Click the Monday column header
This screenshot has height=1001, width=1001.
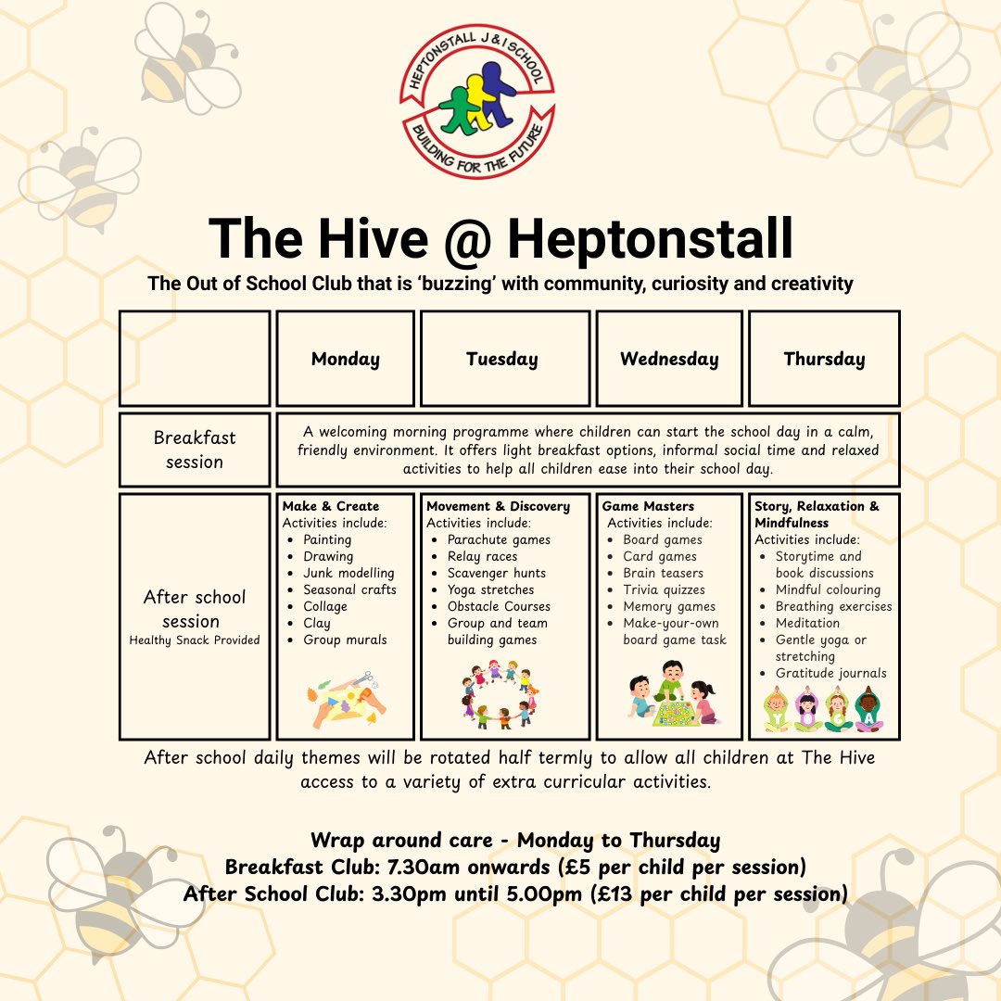(x=345, y=360)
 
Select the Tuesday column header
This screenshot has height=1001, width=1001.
(x=501, y=360)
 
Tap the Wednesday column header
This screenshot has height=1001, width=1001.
(x=669, y=360)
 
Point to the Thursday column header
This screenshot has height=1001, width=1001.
(x=824, y=360)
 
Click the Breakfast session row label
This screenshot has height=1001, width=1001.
(x=195, y=450)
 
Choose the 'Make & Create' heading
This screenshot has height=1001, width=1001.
(x=331, y=506)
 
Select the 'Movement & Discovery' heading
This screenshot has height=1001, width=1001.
(x=499, y=506)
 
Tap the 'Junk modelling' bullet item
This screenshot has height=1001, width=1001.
(x=348, y=573)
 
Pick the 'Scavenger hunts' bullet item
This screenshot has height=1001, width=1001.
(x=496, y=573)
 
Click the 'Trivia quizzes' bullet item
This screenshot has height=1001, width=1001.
(x=664, y=589)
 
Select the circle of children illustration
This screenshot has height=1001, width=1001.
(x=497, y=693)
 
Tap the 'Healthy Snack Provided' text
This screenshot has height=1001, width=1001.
(x=195, y=640)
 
